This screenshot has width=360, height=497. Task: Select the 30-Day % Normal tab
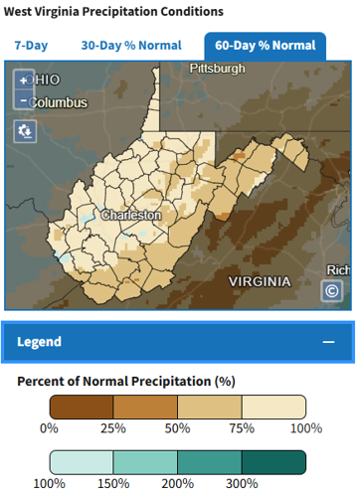tap(130, 46)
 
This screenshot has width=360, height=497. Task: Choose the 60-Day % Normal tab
tap(265, 46)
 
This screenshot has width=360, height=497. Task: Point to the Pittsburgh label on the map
tap(218, 69)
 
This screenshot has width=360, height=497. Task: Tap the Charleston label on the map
tap(131, 214)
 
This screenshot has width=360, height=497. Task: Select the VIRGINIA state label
tap(259, 281)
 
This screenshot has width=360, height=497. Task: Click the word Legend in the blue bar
tap(40, 341)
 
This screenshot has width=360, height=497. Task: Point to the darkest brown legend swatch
tap(81, 406)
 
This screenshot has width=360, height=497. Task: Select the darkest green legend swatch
tap(273, 462)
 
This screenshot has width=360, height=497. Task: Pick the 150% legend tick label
tap(112, 484)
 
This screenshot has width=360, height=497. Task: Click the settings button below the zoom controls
tap(25, 130)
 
